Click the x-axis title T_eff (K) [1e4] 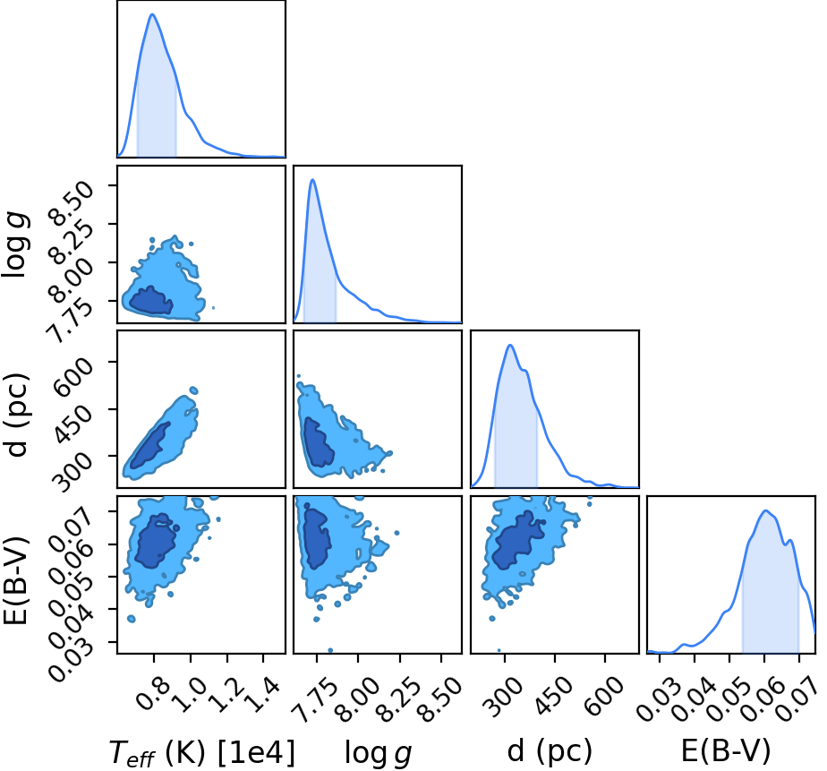coord(202,752)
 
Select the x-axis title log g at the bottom coord(378,753)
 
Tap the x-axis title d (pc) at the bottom coord(550,750)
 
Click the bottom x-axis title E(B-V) coord(726,750)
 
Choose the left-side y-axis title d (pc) coord(16,415)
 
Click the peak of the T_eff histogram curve coord(153,14)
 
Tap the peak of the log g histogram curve coord(312,180)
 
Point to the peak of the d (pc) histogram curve coord(510,345)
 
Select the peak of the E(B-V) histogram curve coord(766,510)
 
